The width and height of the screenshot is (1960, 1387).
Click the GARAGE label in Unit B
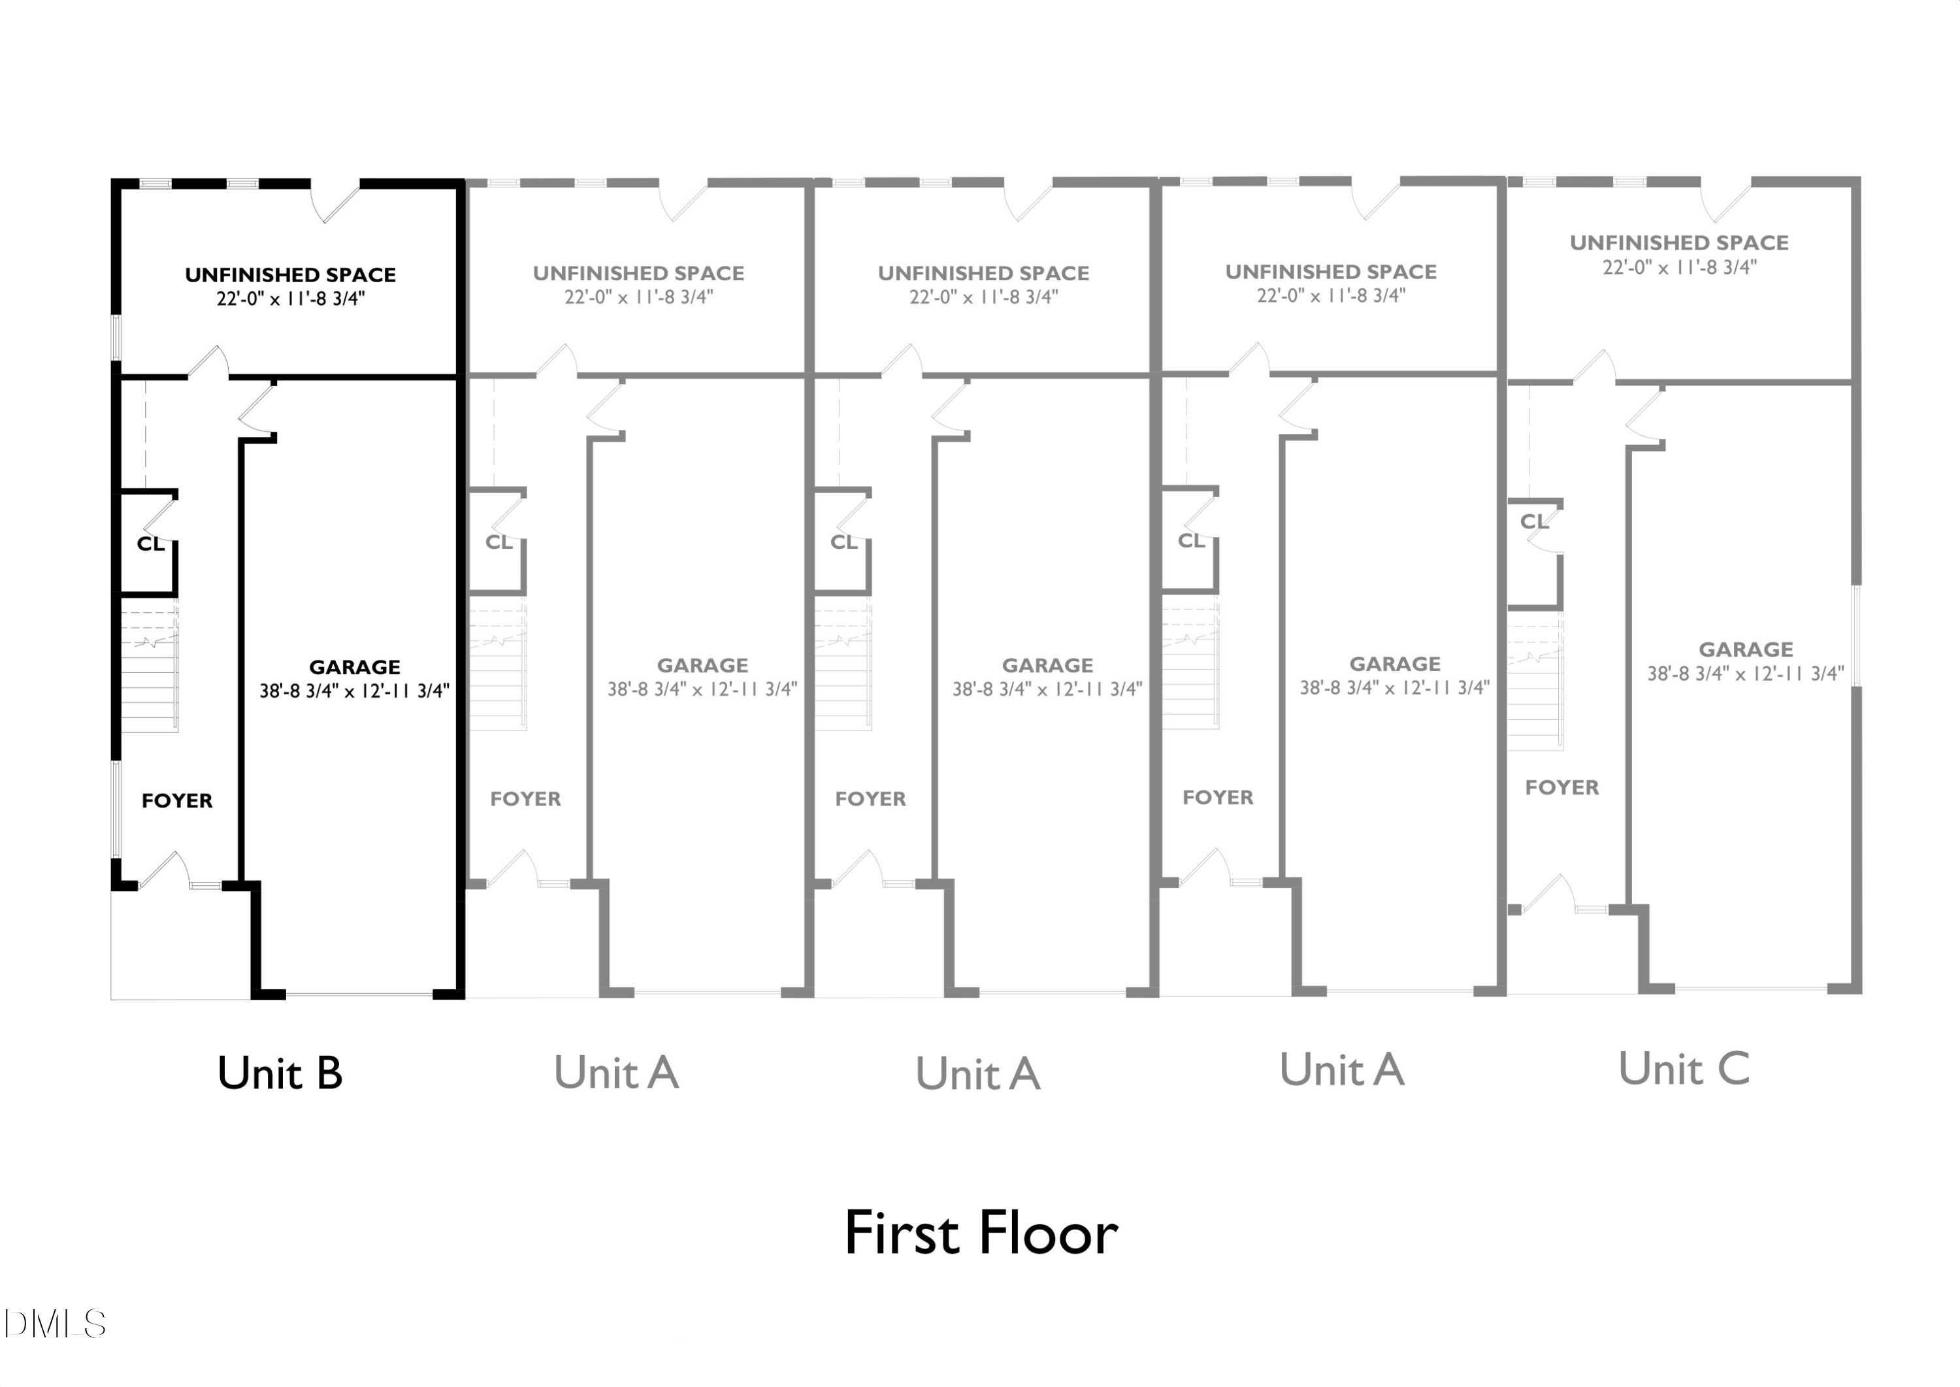pos(354,667)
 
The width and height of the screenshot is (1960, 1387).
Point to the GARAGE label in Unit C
pos(1745,649)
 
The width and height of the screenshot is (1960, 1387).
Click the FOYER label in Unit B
pos(177,800)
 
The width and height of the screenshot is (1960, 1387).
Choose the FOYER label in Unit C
pos(1562,787)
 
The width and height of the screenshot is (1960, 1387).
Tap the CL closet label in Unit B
pos(151,544)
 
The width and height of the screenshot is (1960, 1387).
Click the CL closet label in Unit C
pos(1535,521)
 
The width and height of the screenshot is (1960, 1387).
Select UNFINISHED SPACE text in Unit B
pos(290,275)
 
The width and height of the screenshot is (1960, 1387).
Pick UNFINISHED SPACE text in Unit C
pos(1679,242)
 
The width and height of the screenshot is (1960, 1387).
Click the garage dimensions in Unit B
pos(354,691)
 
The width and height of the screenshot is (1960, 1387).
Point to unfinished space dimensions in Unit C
pos(1680,267)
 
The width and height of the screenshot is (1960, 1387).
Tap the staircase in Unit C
pos(1535,681)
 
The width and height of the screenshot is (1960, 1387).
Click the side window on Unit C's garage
pos(1856,636)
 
